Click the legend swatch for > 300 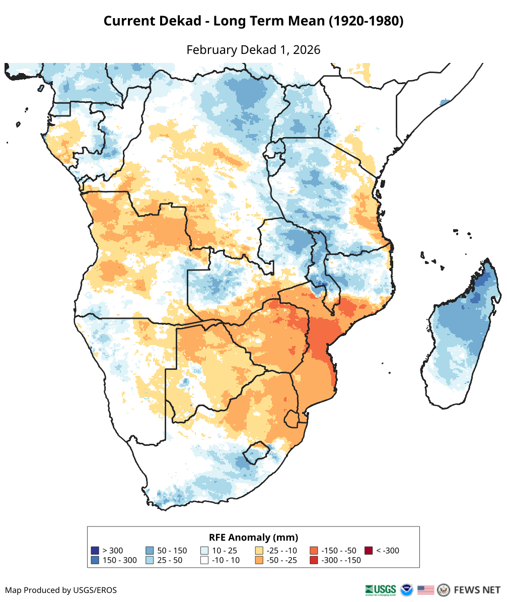tap(95, 551)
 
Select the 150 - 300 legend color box tap(95, 560)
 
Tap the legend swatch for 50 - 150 tap(150, 551)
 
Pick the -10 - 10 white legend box tap(204, 560)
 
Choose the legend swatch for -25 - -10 tap(259, 551)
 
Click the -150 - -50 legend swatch tap(314, 551)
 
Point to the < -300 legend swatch tap(369, 551)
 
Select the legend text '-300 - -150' tap(341, 560)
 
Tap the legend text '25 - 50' tap(170, 560)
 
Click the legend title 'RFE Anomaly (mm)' tap(253, 537)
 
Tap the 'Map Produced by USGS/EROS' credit tap(61, 590)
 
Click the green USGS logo tap(381, 589)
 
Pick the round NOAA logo tap(406, 589)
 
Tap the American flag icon tap(426, 589)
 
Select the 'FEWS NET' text tap(477, 589)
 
